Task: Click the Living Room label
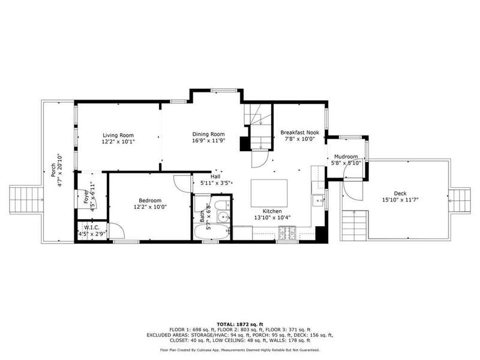(x=118, y=136)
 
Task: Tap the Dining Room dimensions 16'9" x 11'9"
(x=208, y=141)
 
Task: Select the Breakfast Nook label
(x=299, y=133)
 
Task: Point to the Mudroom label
(x=346, y=157)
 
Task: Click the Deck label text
(x=400, y=193)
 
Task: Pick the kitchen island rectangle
(x=269, y=193)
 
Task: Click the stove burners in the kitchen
(x=287, y=233)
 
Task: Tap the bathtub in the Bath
(x=212, y=232)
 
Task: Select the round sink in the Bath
(x=224, y=217)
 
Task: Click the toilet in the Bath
(x=222, y=205)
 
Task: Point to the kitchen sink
(x=319, y=201)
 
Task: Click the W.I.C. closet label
(x=92, y=228)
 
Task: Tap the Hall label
(x=215, y=176)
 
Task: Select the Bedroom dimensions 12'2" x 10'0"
(x=150, y=207)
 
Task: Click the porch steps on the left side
(x=26, y=200)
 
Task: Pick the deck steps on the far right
(x=460, y=201)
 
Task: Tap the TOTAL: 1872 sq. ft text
(x=240, y=324)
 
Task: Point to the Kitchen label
(x=272, y=211)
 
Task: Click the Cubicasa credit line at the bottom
(x=240, y=350)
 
